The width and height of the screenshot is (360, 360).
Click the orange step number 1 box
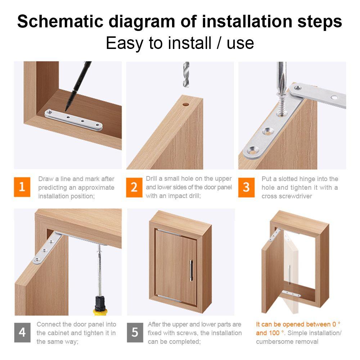click(22, 187)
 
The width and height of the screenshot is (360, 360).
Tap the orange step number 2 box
click(134, 187)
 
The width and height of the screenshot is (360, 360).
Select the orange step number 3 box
click(246, 187)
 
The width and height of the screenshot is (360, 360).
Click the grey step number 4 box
click(22, 332)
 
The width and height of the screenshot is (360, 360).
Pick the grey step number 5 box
click(135, 332)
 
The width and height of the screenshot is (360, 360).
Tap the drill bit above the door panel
click(186, 75)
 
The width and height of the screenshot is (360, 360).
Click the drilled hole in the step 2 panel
click(186, 105)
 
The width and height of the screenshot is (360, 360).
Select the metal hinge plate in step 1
click(74, 120)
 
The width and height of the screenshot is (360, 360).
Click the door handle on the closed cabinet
click(191, 270)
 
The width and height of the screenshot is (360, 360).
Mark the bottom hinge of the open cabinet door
click(291, 294)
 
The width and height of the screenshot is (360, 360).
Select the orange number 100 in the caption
click(274, 333)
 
